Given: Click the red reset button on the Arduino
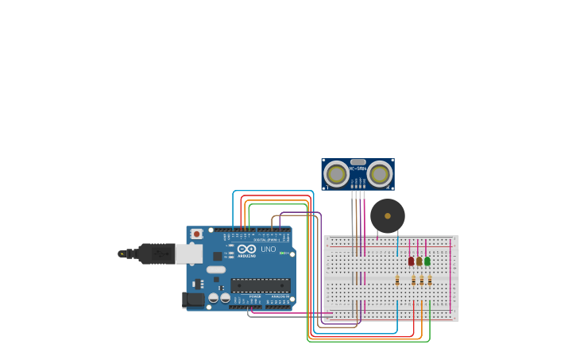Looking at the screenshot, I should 195,234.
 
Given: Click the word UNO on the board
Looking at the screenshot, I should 269,250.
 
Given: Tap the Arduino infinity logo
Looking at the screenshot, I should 246,249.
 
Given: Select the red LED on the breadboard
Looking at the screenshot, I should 411,261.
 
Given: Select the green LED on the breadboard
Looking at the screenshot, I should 427,261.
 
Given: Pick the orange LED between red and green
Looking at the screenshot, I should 419,261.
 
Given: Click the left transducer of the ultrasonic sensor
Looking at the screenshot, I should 337,173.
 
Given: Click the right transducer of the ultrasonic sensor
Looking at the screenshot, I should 379,173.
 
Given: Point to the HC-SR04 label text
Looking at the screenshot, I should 358,168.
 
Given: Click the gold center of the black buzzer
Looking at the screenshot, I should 388,215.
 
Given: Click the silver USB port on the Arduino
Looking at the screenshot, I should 188,254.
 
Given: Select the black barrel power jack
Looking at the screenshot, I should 191,300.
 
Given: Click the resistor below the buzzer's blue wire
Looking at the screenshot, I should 397,280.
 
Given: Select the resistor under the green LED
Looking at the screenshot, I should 430,280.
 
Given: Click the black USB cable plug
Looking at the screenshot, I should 155,254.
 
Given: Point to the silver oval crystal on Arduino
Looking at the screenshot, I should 216,269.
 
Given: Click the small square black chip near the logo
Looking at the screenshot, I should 217,256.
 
